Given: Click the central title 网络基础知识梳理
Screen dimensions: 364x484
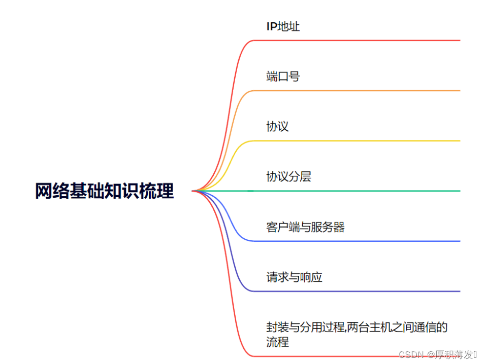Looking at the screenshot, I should coord(104,191).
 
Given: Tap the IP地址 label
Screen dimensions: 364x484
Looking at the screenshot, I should coord(283,26).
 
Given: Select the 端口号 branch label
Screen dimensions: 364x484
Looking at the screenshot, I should coord(283,77).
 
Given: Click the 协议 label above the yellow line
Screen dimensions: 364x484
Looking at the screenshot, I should coord(277,127).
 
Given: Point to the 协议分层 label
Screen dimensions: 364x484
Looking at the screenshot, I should coord(288,177).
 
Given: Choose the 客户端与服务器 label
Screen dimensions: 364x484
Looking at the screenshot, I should coord(305,227).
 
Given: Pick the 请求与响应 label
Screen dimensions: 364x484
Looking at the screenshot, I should coord(294,277).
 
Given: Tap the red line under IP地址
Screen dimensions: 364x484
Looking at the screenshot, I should coord(356,40).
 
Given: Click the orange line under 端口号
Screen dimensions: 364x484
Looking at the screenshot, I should coord(356,91).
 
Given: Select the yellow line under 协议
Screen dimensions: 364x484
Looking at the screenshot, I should coord(356,141).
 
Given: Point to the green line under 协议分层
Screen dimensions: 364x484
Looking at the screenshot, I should coord(356,191).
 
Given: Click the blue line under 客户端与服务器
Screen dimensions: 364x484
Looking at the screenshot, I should coord(356,241).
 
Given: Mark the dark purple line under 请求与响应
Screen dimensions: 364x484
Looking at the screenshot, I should coord(356,292).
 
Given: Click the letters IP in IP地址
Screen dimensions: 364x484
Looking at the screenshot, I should coord(272,26).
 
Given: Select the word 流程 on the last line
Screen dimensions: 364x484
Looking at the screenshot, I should coord(277,342).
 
